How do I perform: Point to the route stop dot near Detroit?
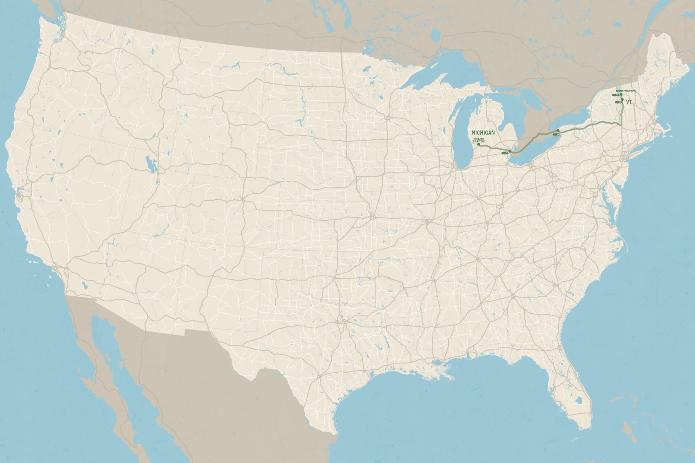(x=510, y=151)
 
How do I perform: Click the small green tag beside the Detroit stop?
(x=504, y=153)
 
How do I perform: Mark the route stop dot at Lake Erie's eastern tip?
(x=558, y=130)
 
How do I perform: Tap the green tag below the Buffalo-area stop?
(x=556, y=135)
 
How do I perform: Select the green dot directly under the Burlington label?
(x=621, y=94)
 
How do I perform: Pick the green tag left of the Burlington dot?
(x=615, y=95)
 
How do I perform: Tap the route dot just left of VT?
(x=622, y=100)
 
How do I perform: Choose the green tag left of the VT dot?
(x=618, y=102)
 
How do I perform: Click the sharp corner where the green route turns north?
(x=620, y=125)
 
